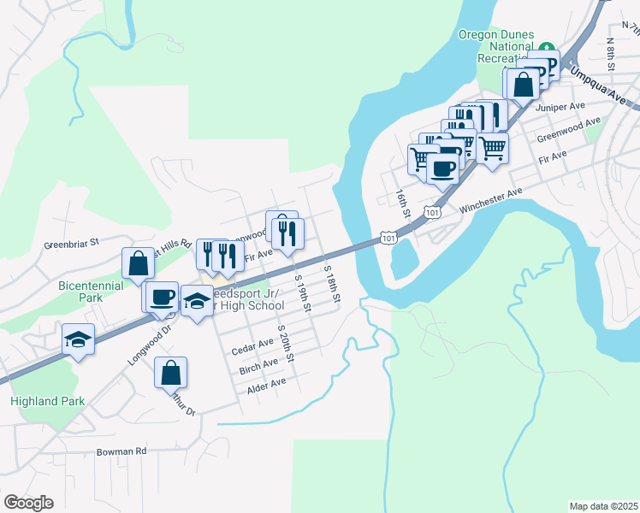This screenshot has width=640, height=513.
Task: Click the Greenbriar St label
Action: [73, 244]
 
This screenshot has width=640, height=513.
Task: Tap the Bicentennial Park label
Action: [92, 291]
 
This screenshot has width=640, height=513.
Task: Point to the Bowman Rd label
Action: [121, 451]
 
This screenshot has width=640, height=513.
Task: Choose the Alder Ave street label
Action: [266, 381]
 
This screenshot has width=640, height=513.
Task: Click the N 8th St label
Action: [611, 54]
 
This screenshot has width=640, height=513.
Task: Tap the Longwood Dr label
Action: [151, 342]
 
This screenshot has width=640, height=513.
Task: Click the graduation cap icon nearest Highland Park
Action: [78, 339]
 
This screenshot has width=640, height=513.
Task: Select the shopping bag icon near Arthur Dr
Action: [170, 372]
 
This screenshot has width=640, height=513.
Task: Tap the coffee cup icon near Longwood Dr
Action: [161, 296]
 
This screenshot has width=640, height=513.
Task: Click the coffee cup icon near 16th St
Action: [442, 168]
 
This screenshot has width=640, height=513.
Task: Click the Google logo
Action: [28, 503]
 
